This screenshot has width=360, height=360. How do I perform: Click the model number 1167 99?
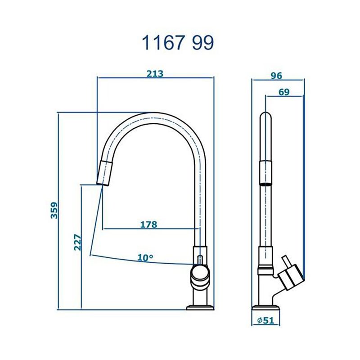click(178, 42)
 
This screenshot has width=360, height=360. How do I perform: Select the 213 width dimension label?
click(155, 73)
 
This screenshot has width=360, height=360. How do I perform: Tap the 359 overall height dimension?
click(54, 210)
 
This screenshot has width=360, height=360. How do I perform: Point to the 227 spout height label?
click(77, 242)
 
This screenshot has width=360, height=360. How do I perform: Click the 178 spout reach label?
click(149, 224)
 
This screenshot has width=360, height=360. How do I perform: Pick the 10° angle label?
click(145, 258)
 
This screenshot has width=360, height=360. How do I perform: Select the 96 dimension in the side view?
click(276, 76)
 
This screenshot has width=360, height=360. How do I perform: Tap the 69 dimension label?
click(284, 92)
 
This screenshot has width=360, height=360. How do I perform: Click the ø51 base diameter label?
click(265, 320)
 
